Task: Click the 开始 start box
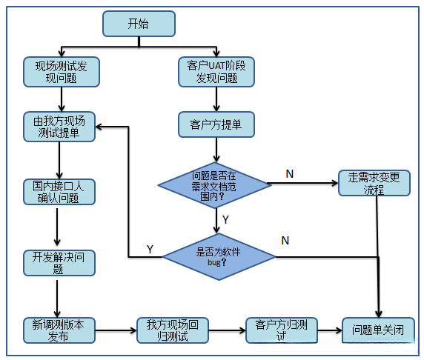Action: coord(139,24)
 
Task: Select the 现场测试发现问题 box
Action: coord(60,71)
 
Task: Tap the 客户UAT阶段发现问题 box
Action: coord(216,71)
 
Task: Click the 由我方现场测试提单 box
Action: coord(59,127)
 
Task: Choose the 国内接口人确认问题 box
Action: coord(59,192)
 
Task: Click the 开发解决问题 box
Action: coord(59,263)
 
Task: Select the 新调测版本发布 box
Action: coord(59,330)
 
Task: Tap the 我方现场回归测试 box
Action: coord(172,330)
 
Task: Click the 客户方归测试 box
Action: coord(281,330)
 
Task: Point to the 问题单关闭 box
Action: coord(378,330)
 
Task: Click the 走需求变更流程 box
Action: coord(374,183)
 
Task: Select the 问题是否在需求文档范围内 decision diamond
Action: coord(215,182)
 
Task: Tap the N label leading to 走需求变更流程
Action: coord(290,173)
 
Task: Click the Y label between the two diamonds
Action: coord(225,219)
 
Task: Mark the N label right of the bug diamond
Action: coord(285,241)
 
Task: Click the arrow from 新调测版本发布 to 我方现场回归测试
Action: coord(116,330)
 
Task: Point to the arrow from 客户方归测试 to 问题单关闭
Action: coord(330,330)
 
